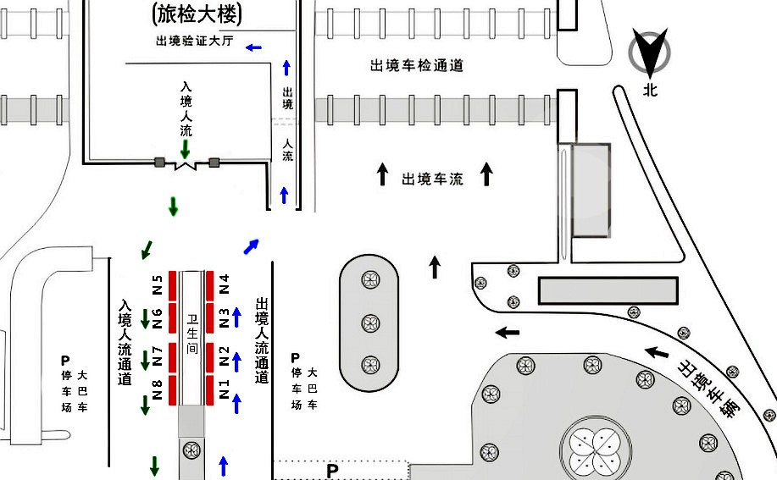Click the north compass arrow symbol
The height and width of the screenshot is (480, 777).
point(650,53)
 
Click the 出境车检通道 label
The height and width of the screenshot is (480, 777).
point(417,65)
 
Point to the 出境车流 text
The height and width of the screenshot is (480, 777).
point(432,179)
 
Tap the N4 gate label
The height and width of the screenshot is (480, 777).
point(225,284)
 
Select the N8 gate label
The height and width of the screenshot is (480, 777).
point(157,390)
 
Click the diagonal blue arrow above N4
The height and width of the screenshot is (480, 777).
point(251,246)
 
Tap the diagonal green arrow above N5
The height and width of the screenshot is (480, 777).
point(147,249)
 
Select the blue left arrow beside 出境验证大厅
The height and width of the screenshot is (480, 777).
point(253,47)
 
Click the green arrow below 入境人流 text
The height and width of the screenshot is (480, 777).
point(185,149)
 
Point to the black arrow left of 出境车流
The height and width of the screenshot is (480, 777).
point(383,175)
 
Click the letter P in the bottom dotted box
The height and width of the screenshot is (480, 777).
point(332,470)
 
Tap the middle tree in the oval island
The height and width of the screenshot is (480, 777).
point(369,323)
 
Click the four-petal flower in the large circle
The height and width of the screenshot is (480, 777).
point(593,449)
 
